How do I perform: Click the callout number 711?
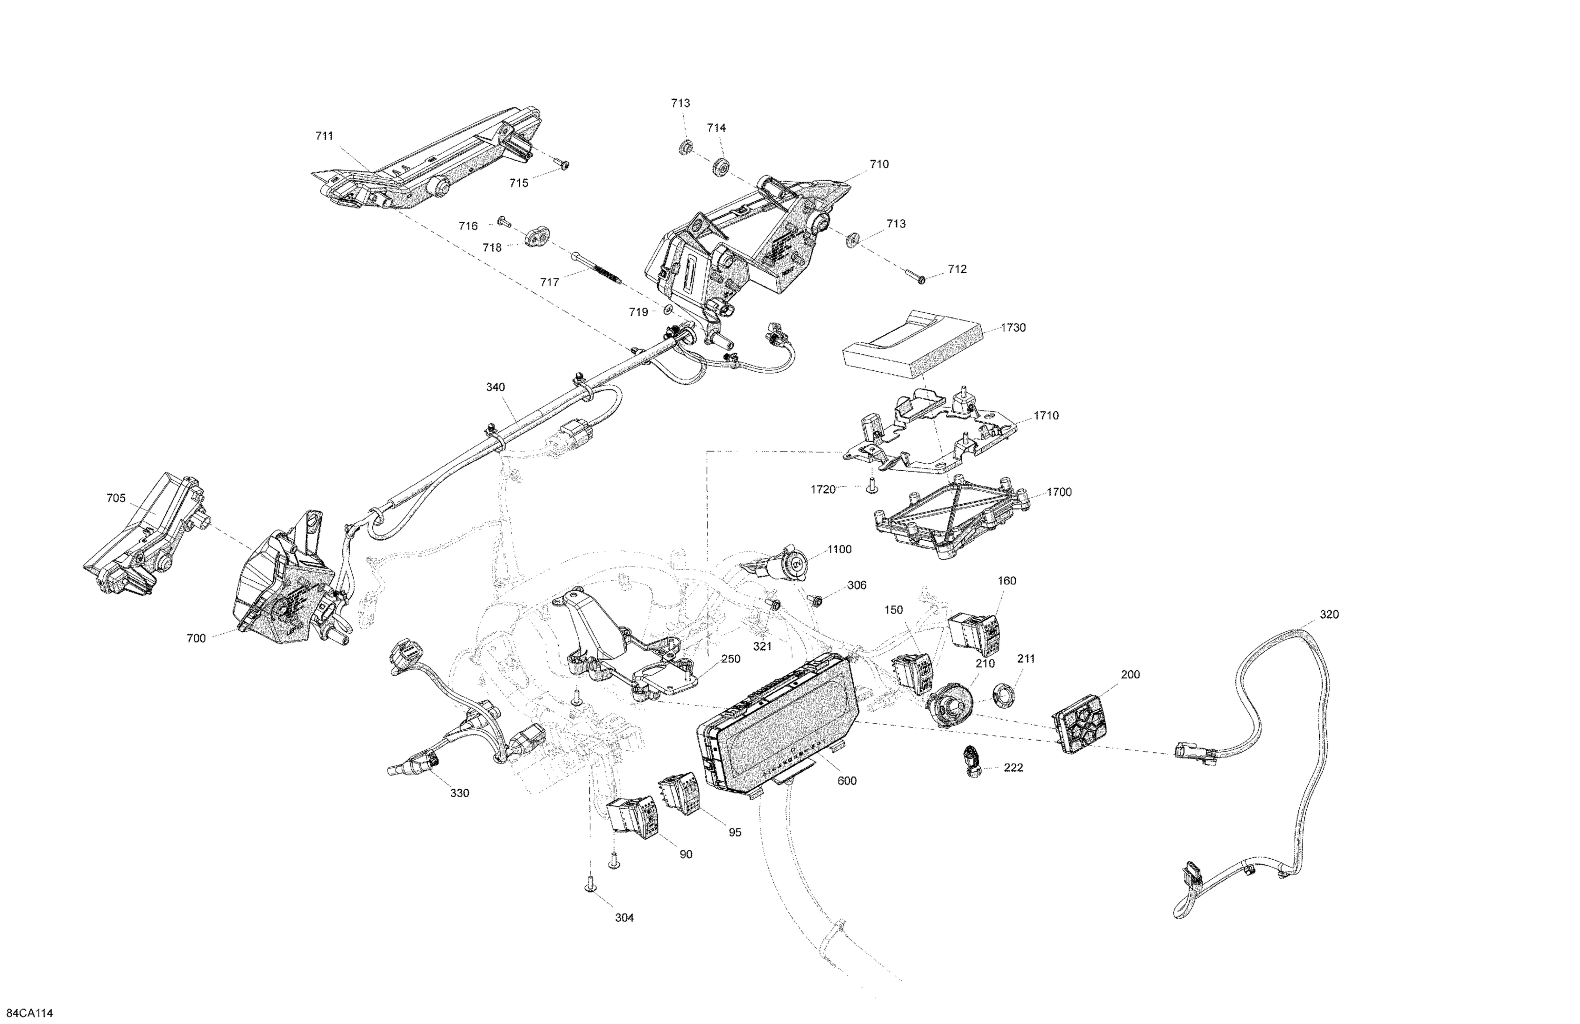(324, 136)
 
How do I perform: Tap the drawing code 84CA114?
(29, 1013)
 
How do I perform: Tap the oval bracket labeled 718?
(538, 237)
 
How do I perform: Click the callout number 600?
(846, 781)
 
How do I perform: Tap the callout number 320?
(1328, 614)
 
